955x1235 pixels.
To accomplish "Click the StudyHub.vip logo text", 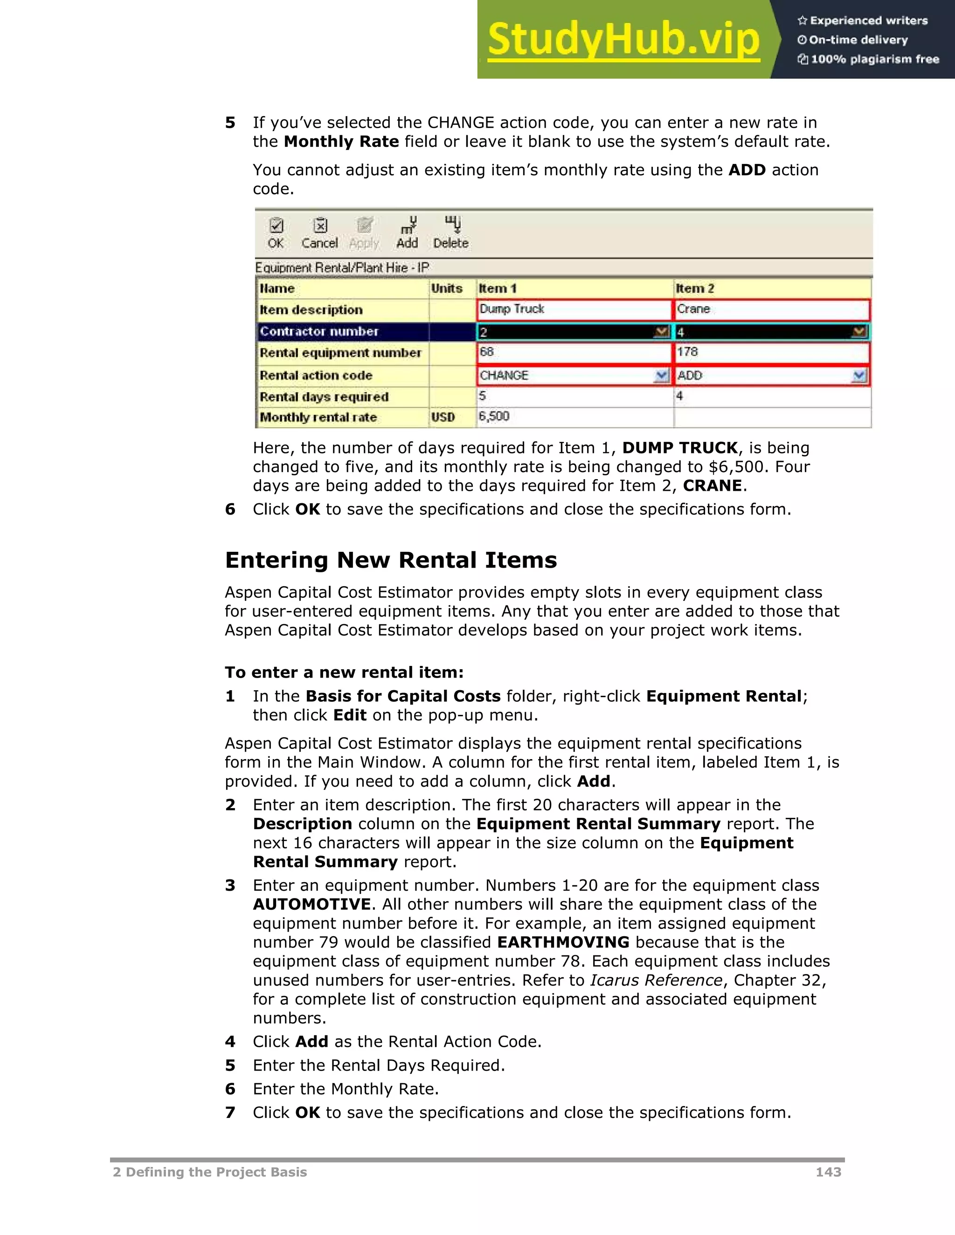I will tap(623, 40).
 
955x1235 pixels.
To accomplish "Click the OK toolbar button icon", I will tap(276, 226).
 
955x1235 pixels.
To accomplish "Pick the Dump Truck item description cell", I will tap(573, 309).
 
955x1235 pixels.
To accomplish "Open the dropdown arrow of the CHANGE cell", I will tap(661, 376).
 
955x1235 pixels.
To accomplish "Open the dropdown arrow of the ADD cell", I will tap(859, 376).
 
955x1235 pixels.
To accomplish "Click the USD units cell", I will tap(443, 417).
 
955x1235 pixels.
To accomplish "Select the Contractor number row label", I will tap(319, 331).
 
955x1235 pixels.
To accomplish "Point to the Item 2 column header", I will tap(695, 288).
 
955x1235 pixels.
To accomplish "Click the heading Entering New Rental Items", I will tap(391, 560).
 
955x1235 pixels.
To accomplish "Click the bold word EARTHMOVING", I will tap(563, 942).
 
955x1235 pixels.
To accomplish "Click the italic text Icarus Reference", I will tap(656, 980).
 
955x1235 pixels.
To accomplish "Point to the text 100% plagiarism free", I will tap(874, 59).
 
